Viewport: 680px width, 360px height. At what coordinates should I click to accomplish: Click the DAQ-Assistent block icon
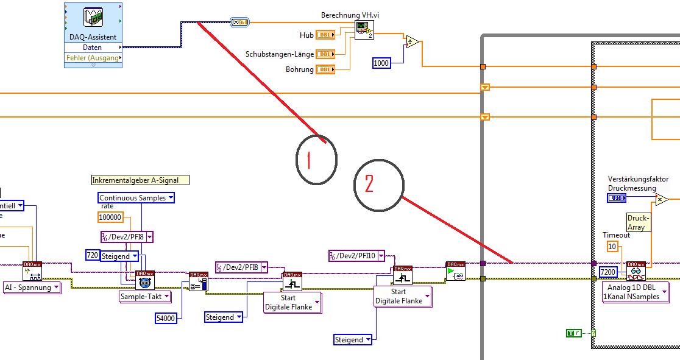coord(93,18)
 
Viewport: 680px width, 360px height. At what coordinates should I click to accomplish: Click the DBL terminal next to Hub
coord(325,35)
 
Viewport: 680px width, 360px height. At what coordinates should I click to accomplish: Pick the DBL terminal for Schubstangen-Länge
coord(325,54)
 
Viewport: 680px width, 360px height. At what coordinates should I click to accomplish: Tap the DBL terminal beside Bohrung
coord(325,69)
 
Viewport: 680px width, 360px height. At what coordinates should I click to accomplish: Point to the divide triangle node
coord(413,43)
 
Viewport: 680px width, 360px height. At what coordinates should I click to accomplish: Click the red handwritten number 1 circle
coord(316,159)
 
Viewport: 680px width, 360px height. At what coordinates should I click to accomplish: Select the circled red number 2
coord(378,185)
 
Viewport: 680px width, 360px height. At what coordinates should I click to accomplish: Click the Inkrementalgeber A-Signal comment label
coord(140,180)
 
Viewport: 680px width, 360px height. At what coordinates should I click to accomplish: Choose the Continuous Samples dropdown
coord(136,198)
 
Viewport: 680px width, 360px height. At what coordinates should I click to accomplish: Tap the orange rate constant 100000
coord(110,217)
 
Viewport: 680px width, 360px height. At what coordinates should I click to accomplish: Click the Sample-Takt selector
coord(144,297)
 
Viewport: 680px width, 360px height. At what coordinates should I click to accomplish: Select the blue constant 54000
coord(166,318)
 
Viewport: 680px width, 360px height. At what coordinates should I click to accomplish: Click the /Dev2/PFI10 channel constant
coord(357,256)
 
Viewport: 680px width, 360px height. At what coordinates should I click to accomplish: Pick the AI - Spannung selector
coord(32,287)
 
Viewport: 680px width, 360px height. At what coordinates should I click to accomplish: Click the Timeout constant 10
coord(612,246)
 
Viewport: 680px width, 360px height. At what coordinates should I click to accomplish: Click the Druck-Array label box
coord(639,222)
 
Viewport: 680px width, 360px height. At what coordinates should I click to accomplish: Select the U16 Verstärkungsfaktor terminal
coord(617,198)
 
